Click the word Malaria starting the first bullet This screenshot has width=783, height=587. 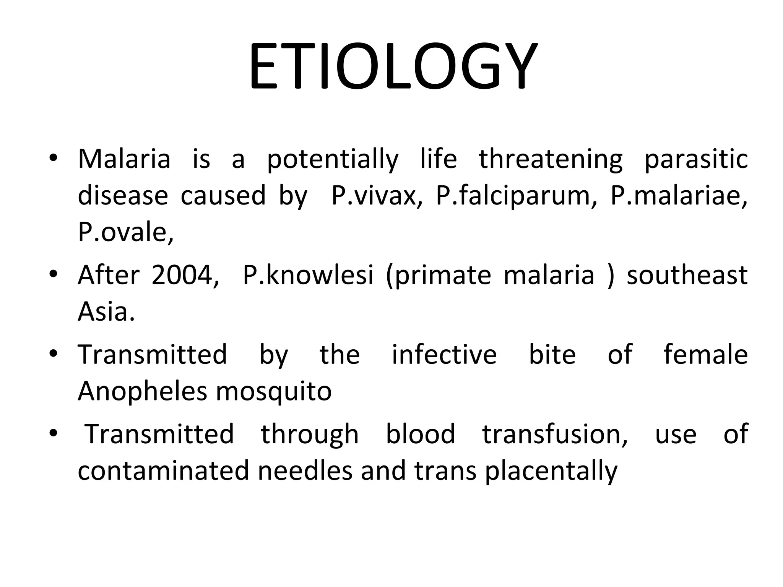pyautogui.click(x=124, y=159)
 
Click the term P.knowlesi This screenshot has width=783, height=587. pyautogui.click(x=308, y=275)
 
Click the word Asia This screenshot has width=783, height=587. pyautogui.click(x=106, y=311)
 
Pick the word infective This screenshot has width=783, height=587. pyautogui.click(x=444, y=354)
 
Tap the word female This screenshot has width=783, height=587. pyautogui.click(x=705, y=354)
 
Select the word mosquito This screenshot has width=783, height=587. pyautogui.click(x=274, y=392)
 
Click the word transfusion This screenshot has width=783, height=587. pyautogui.click(x=555, y=434)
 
